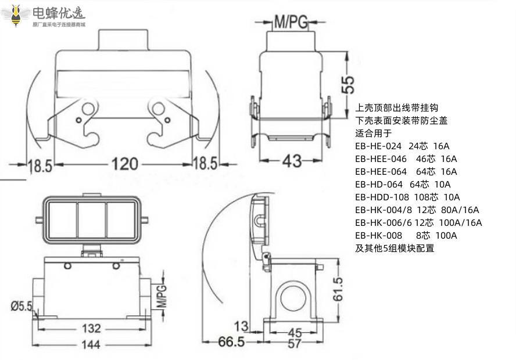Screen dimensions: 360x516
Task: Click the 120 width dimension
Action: pyautogui.click(x=126, y=164)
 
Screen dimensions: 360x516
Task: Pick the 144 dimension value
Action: pyautogui.click(x=90, y=344)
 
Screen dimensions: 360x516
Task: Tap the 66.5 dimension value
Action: pyautogui.click(x=231, y=342)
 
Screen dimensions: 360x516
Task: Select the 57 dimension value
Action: pyautogui.click(x=295, y=343)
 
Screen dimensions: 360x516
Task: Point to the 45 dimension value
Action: pyautogui.click(x=295, y=332)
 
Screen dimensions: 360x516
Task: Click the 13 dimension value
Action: pyautogui.click(x=241, y=325)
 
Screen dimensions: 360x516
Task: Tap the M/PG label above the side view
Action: pyautogui.click(x=290, y=23)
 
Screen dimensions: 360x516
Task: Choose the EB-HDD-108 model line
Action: pyautogui.click(x=407, y=197)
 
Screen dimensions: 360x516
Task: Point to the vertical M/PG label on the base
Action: pyautogui.click(x=162, y=296)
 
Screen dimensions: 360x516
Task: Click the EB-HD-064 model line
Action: pyautogui.click(x=403, y=184)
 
